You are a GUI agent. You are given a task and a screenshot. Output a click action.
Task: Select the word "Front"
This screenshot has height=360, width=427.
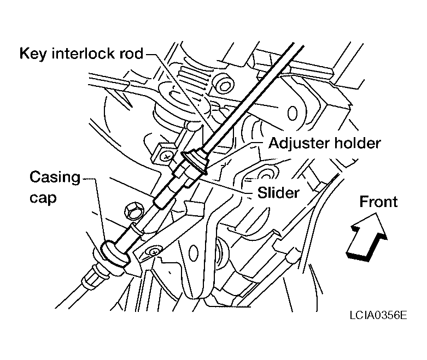tap(378, 202)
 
